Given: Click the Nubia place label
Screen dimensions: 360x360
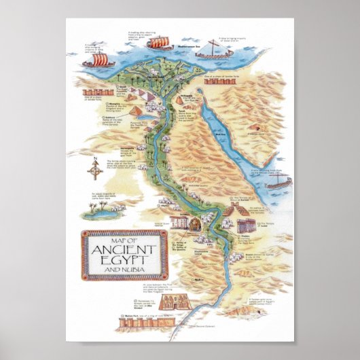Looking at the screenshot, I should click(x=199, y=278).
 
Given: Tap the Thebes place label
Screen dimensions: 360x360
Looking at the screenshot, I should click(x=242, y=238).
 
